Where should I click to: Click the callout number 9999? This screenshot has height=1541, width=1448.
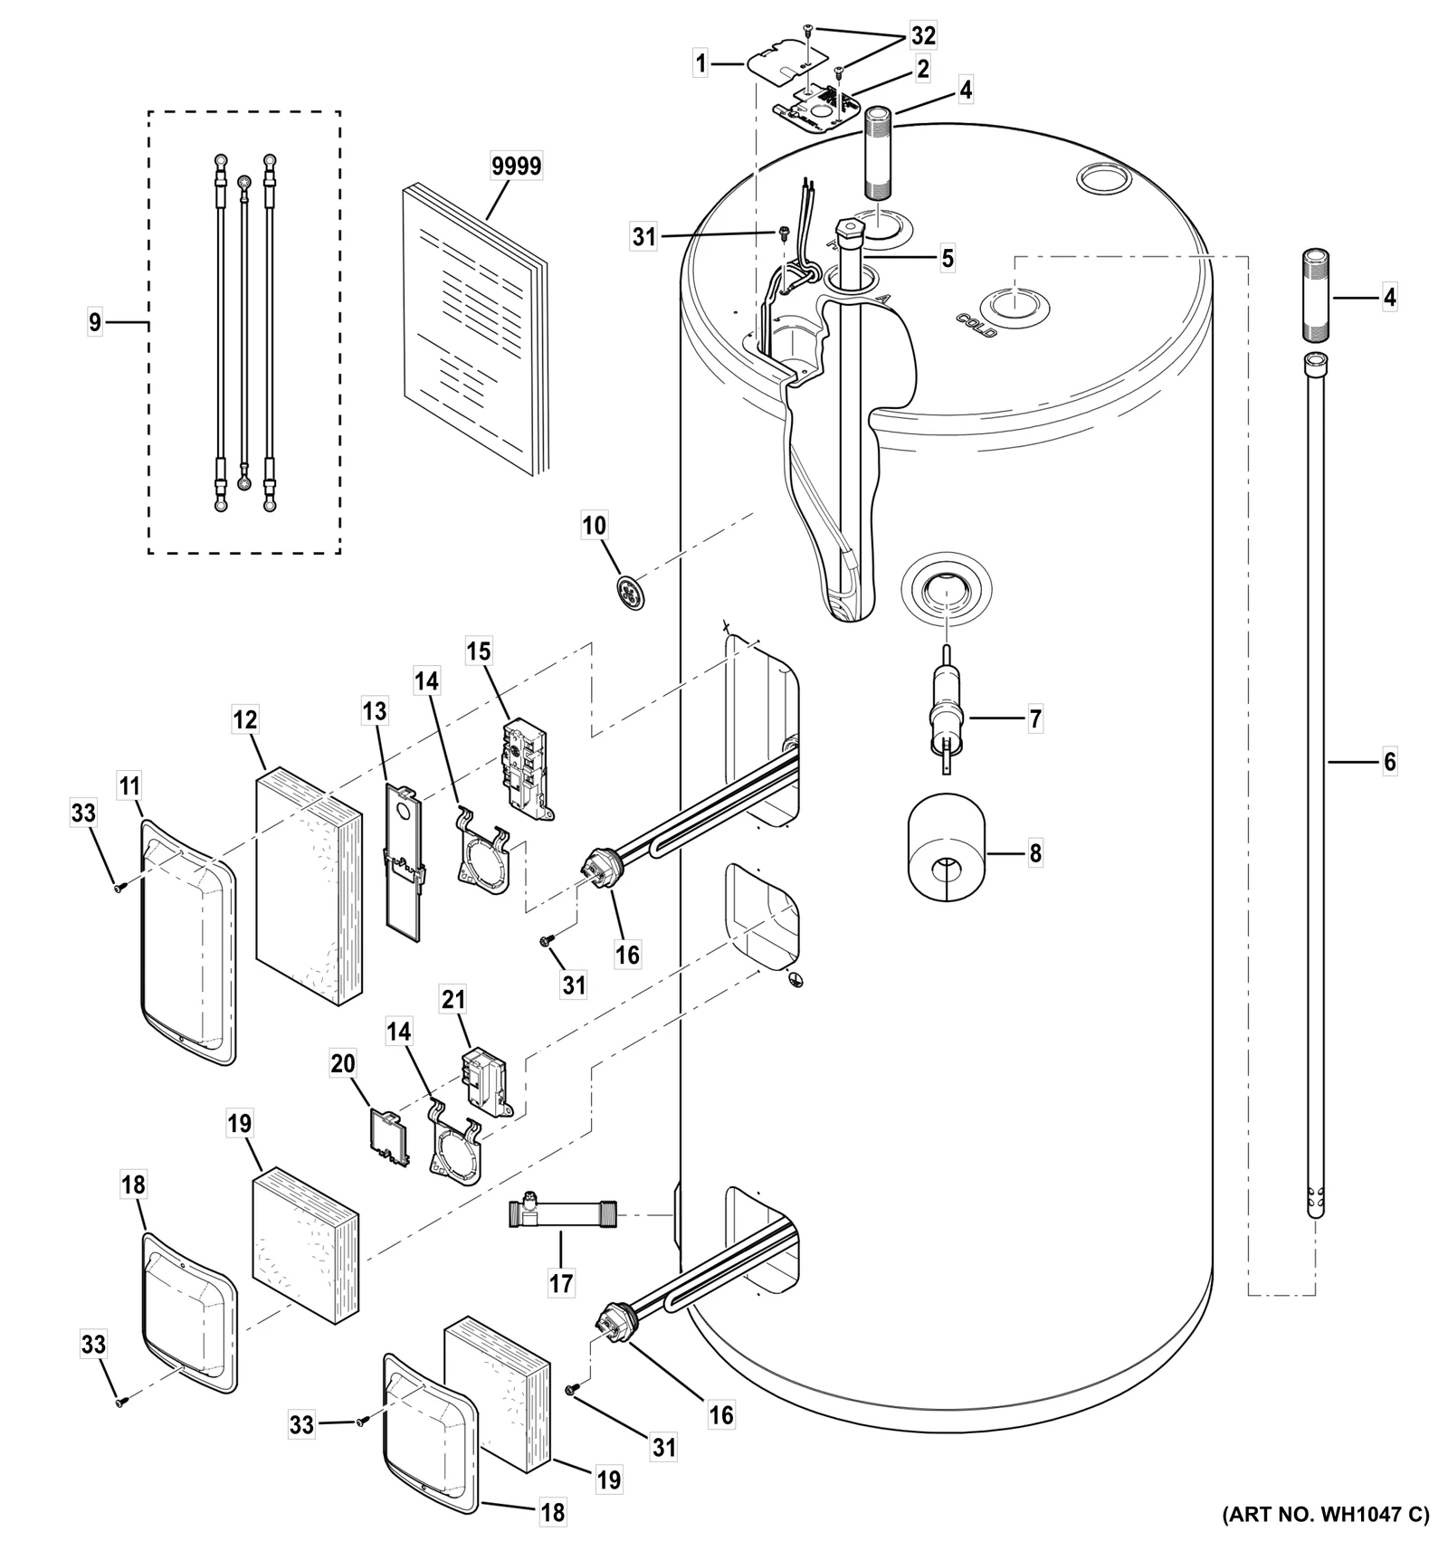516,166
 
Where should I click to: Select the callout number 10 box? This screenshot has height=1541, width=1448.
595,526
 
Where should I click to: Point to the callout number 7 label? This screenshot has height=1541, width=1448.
1034,719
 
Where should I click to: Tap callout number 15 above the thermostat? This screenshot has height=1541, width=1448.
479,652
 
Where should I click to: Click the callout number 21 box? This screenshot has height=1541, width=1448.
453,1000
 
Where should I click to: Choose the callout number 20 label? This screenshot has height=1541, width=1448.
343,1064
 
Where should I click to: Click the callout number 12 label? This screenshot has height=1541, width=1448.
245,721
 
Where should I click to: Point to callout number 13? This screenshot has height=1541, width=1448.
375,712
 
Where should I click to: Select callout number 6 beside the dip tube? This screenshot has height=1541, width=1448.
1389,762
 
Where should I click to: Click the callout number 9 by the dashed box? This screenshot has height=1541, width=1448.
95,322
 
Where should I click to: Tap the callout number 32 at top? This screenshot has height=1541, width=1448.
923,35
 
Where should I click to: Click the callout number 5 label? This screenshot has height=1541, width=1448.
947,259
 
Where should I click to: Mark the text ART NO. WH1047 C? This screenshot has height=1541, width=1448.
1326,1514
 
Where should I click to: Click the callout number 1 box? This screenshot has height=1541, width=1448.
700,63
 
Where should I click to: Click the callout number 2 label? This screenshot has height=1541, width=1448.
922,69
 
